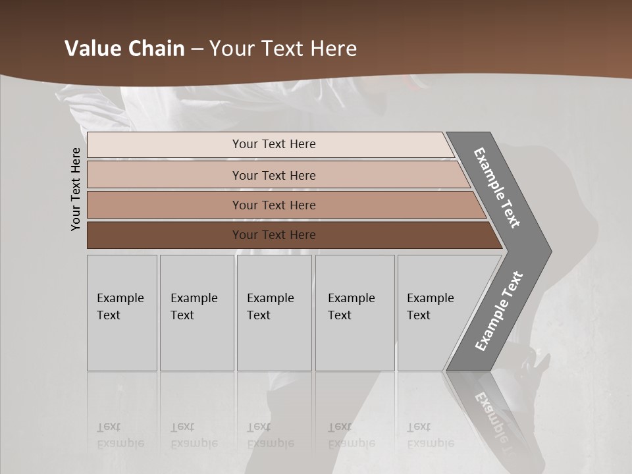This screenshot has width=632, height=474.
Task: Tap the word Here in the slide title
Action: point(332,49)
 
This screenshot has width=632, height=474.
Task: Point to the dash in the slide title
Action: point(197,49)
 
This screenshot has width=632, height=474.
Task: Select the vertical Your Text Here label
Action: point(76,189)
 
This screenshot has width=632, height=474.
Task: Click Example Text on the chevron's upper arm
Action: point(497,188)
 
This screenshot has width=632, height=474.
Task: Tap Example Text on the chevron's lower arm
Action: point(498,311)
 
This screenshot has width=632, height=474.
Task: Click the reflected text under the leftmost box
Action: point(120,434)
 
